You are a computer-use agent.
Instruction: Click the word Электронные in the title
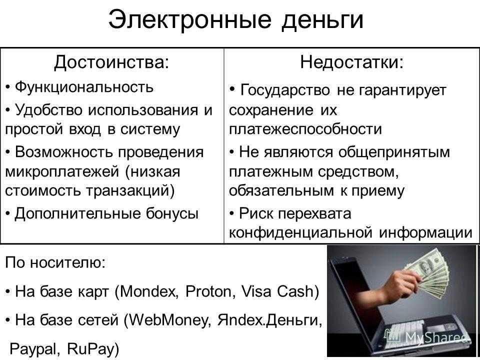pyautogui.click(x=190, y=20)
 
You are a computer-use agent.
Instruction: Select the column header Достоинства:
pyautogui.click(x=111, y=63)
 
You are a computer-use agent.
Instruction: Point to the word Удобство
pyautogui.click(x=48, y=109)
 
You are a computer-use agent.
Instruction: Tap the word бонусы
pyautogui.click(x=171, y=213)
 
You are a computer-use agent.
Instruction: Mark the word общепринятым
pyautogui.click(x=394, y=152)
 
